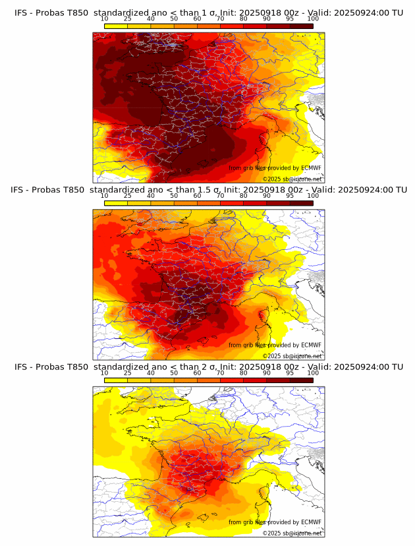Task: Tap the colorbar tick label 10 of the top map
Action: pos(104,18)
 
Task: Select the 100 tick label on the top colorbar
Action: pos(313,18)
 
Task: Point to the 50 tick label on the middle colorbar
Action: pos(174,196)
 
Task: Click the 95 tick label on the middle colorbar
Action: pos(290,196)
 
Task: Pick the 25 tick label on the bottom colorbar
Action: pos(127,373)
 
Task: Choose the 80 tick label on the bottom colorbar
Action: pos(244,373)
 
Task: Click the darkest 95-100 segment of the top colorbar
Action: pos(302,26)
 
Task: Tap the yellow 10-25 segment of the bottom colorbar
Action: pos(116,380)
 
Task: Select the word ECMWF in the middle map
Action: pos(311,345)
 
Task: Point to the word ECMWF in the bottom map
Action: pos(311,522)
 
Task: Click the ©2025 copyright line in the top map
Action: pos(292,179)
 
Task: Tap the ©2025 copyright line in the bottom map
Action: pos(292,533)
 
